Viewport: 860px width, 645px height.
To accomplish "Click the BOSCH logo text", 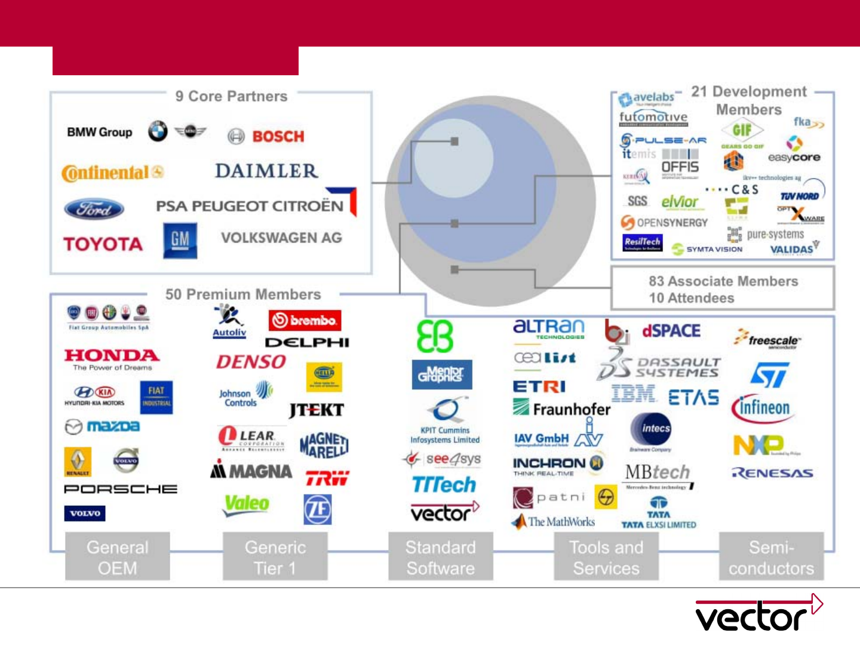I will (x=278, y=137).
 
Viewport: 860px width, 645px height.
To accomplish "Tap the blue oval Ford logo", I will (x=94, y=209).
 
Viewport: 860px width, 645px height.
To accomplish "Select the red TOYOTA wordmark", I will (x=103, y=244).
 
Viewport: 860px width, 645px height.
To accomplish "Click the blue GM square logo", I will (x=180, y=240).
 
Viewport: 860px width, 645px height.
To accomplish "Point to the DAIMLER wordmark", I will (x=266, y=171).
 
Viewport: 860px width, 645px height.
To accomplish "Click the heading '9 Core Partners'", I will (x=231, y=96).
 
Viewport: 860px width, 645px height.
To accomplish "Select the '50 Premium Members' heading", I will (x=243, y=294).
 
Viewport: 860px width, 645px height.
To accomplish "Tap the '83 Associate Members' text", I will (x=723, y=281).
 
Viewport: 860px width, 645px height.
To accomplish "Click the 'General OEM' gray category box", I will (x=118, y=557).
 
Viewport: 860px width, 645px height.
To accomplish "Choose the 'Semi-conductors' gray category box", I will (x=771, y=557).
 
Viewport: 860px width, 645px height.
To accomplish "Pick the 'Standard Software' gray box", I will (x=441, y=557).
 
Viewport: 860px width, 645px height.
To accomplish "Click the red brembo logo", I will (x=305, y=321).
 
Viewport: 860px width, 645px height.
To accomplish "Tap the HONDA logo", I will (x=112, y=356).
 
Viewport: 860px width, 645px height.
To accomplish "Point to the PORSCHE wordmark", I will (x=121, y=489).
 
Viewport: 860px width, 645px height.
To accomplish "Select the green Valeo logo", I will (x=247, y=503).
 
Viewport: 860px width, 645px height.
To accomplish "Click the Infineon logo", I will (x=760, y=408).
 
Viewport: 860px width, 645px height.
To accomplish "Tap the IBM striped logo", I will (x=633, y=394).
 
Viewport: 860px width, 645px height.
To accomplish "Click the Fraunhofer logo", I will (x=561, y=408).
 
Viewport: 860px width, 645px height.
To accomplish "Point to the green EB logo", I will (x=435, y=336).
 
